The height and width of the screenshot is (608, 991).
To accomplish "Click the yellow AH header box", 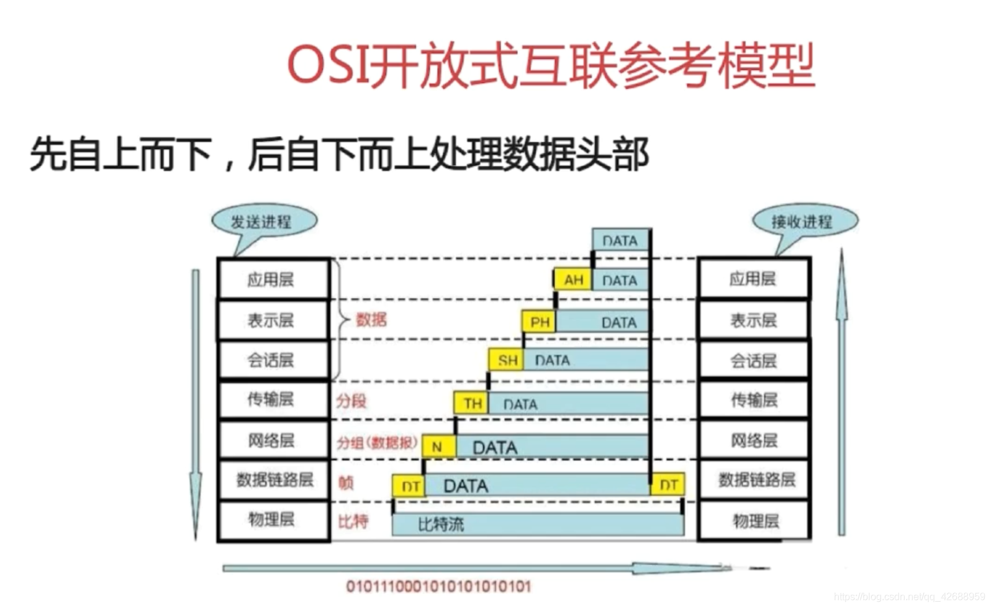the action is click(x=572, y=280).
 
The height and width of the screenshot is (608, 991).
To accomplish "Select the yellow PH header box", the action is click(x=539, y=322).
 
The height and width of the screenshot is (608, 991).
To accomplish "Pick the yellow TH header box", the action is click(x=471, y=404).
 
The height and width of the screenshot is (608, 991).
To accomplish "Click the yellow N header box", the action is click(x=438, y=447).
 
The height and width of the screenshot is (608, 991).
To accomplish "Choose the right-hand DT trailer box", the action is click(x=667, y=485).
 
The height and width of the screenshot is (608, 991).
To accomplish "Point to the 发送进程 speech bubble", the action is click(x=263, y=222).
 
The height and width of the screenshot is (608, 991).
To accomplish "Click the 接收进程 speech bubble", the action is click(x=803, y=222).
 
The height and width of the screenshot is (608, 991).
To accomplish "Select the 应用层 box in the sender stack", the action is click(x=272, y=279).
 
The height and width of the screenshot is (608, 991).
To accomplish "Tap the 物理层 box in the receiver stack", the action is click(x=754, y=520).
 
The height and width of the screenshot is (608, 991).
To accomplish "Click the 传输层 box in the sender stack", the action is click(x=272, y=399).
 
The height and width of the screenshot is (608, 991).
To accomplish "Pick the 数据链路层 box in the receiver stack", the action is click(x=754, y=479).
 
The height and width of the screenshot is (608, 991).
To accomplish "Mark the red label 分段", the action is click(x=351, y=401).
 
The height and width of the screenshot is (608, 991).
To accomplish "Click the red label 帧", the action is click(x=346, y=483).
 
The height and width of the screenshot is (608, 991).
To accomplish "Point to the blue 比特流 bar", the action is click(x=538, y=525).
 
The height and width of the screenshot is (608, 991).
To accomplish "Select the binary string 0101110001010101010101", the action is click(x=438, y=586).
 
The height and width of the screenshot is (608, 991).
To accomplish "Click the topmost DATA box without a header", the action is click(x=620, y=240).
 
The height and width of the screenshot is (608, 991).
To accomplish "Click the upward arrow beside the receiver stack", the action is click(x=841, y=391).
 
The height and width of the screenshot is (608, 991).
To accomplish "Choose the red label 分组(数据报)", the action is click(x=377, y=443).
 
